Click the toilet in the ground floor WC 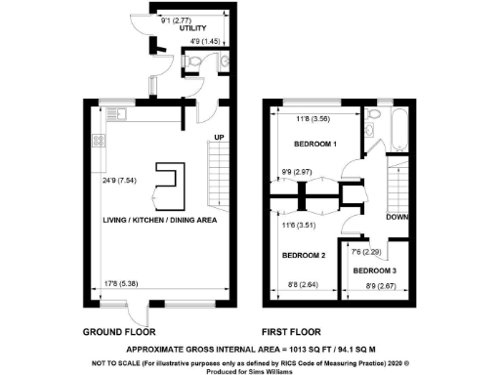pos(193,63)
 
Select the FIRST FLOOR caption pos(291,331)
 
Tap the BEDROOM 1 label pos(316,145)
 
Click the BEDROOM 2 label pos(303,256)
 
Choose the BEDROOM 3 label pos(376,270)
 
